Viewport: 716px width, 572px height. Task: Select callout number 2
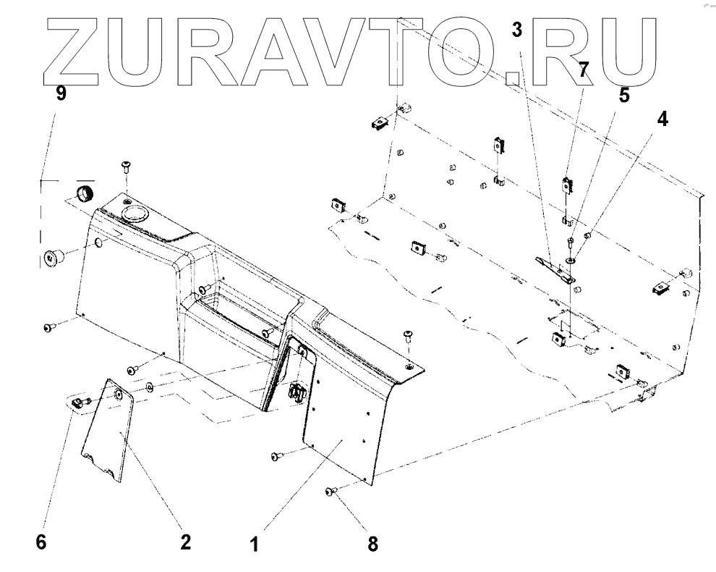[x=186, y=542]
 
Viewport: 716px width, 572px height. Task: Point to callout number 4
[x=662, y=118]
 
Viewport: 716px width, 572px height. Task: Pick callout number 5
[x=623, y=95]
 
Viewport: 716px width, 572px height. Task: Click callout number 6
[x=41, y=542]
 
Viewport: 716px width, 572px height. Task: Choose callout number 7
[x=583, y=70]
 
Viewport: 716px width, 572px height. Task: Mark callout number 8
[x=372, y=544]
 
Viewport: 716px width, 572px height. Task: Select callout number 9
[x=61, y=95]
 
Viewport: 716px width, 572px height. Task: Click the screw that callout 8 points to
[x=331, y=492]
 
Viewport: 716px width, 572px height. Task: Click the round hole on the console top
[x=133, y=213]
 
